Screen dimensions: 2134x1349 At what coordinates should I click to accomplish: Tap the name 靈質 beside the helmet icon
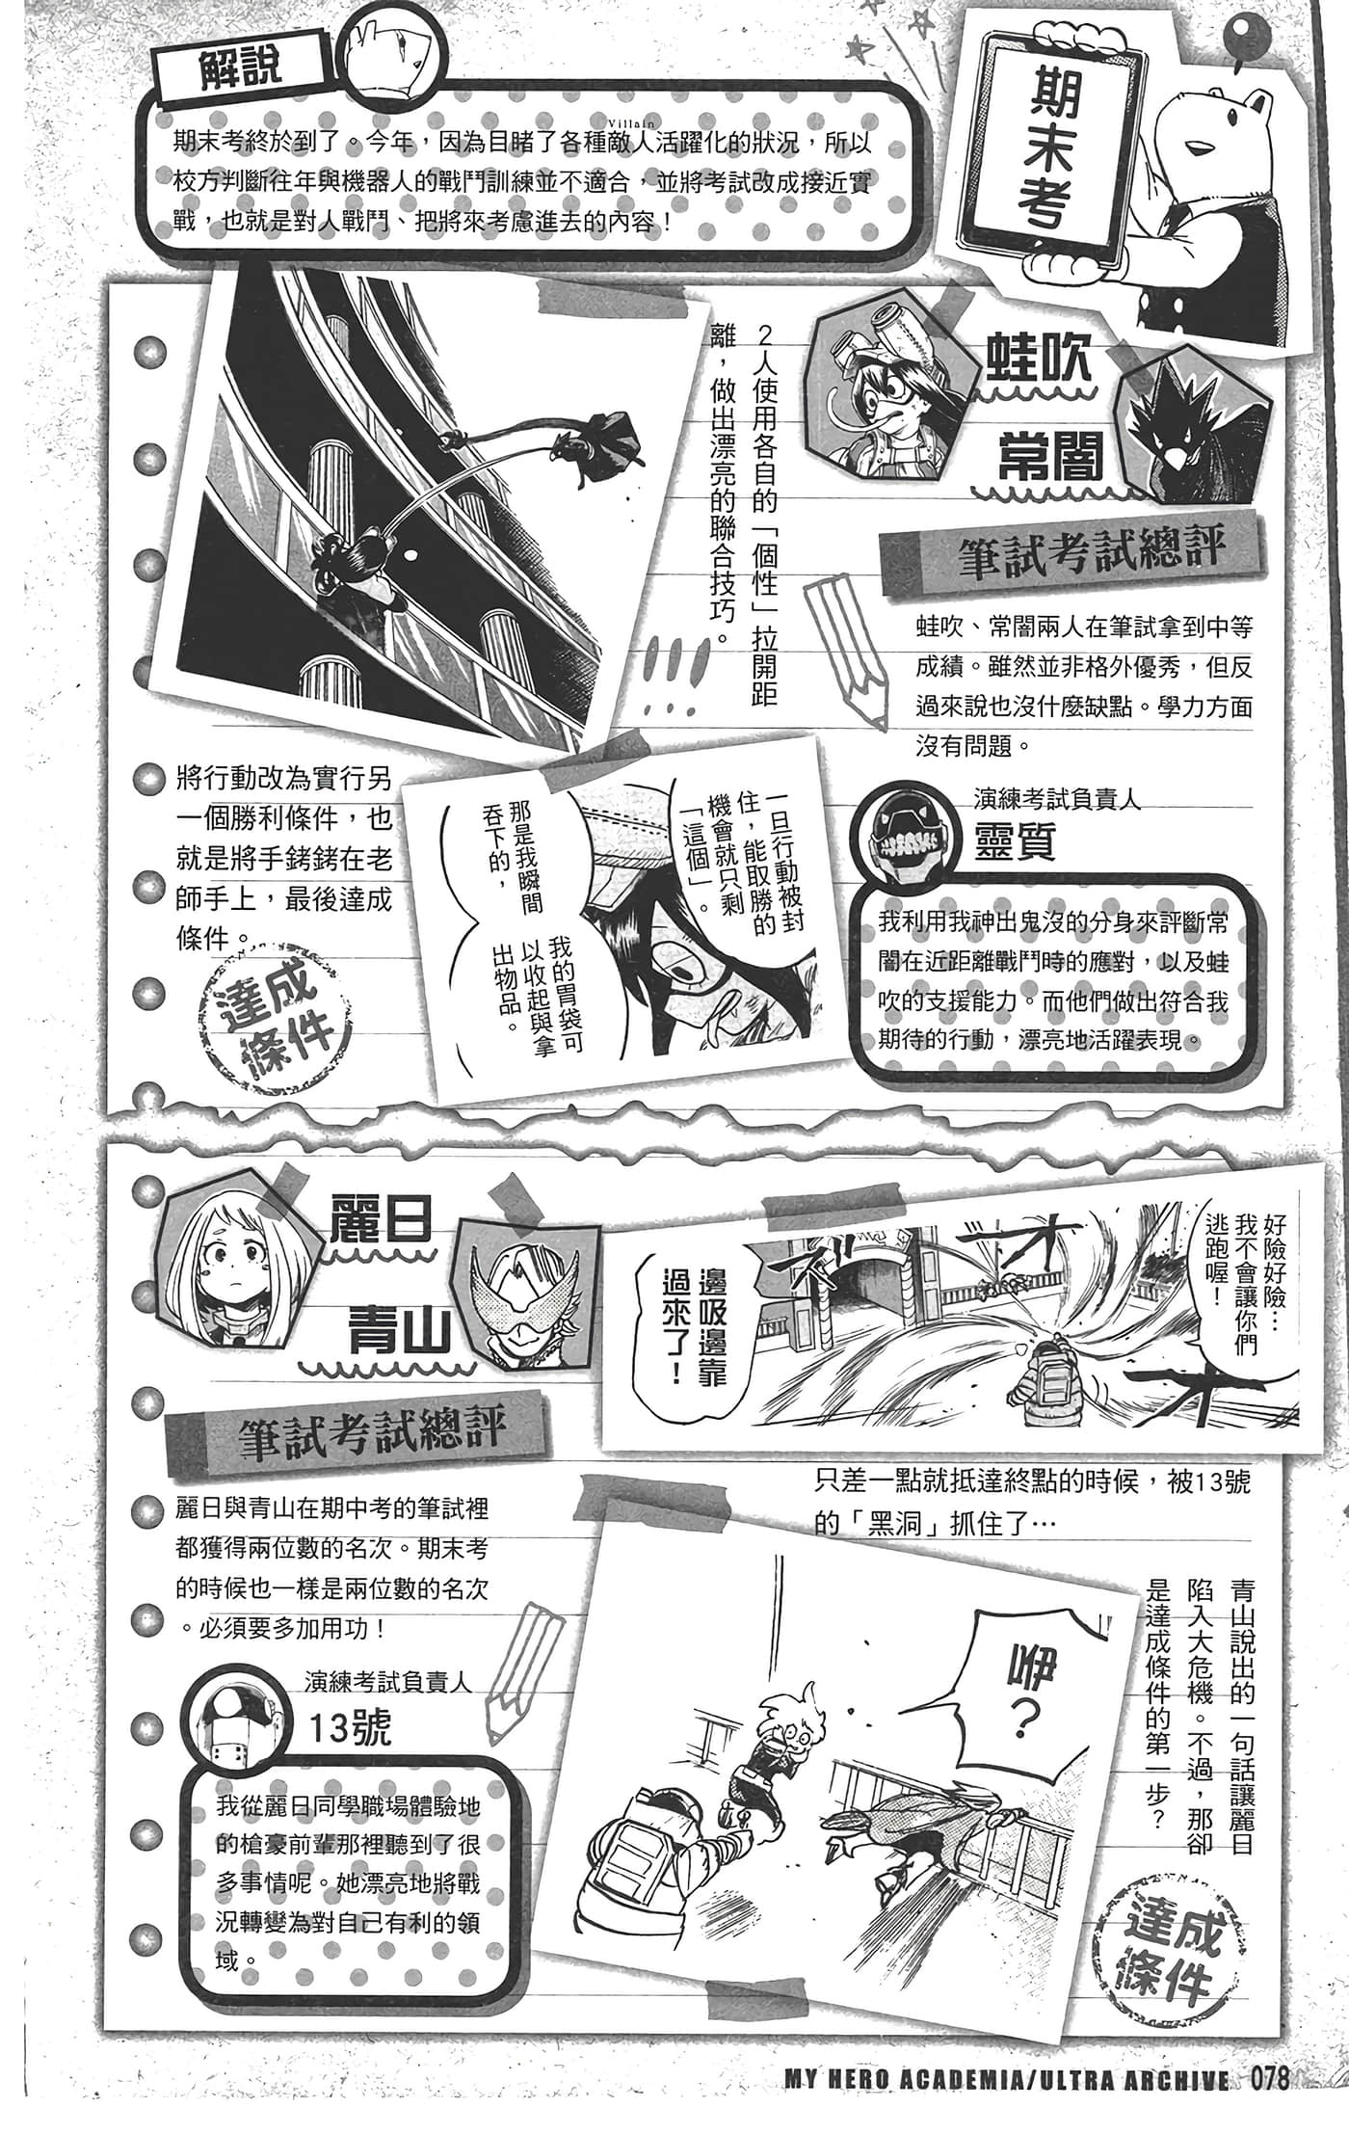pos(1015,841)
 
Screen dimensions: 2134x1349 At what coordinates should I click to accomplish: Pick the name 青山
pos(401,1330)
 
